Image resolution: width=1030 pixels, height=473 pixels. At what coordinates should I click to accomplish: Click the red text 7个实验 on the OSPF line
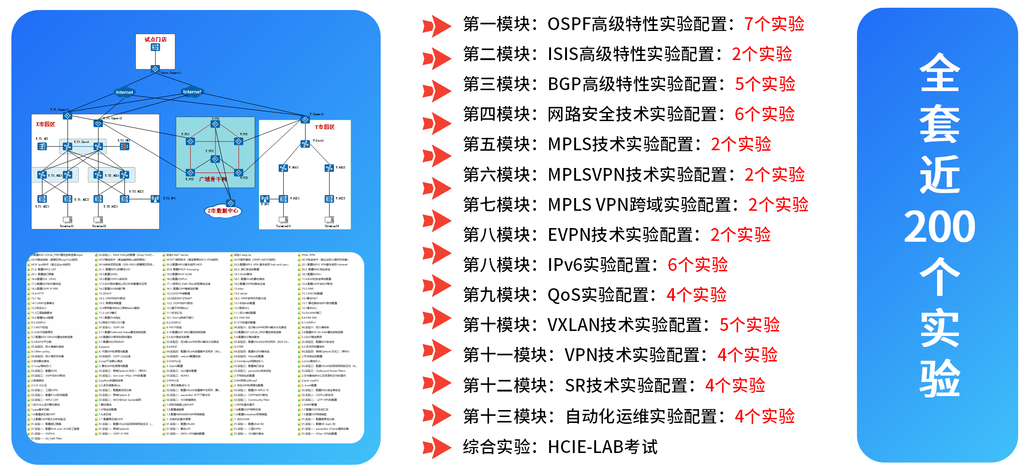coord(774,24)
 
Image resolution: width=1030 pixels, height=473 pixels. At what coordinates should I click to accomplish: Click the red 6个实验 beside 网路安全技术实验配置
coord(765,114)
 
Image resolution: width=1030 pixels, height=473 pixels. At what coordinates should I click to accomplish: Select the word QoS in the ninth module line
coord(563,295)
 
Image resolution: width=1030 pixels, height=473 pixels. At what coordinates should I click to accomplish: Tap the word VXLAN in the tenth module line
coord(573,325)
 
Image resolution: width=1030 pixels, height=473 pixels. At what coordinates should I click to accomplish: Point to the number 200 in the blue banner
coord(939,226)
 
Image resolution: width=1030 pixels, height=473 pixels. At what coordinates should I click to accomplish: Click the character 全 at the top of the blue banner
coord(939,73)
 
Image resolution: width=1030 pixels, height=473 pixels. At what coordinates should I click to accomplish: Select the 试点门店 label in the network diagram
coord(155,40)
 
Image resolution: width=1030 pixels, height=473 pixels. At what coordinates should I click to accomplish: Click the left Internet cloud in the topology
coord(124,92)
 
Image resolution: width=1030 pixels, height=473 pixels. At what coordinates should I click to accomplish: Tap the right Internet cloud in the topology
coord(192,92)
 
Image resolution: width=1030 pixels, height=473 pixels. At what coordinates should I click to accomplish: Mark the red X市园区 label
coord(46,124)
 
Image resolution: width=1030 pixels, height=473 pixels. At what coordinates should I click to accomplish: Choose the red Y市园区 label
coord(325,127)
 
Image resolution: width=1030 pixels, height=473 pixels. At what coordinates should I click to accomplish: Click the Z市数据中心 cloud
coord(223,211)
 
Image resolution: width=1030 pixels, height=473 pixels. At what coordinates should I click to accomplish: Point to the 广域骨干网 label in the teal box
coord(213,179)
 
